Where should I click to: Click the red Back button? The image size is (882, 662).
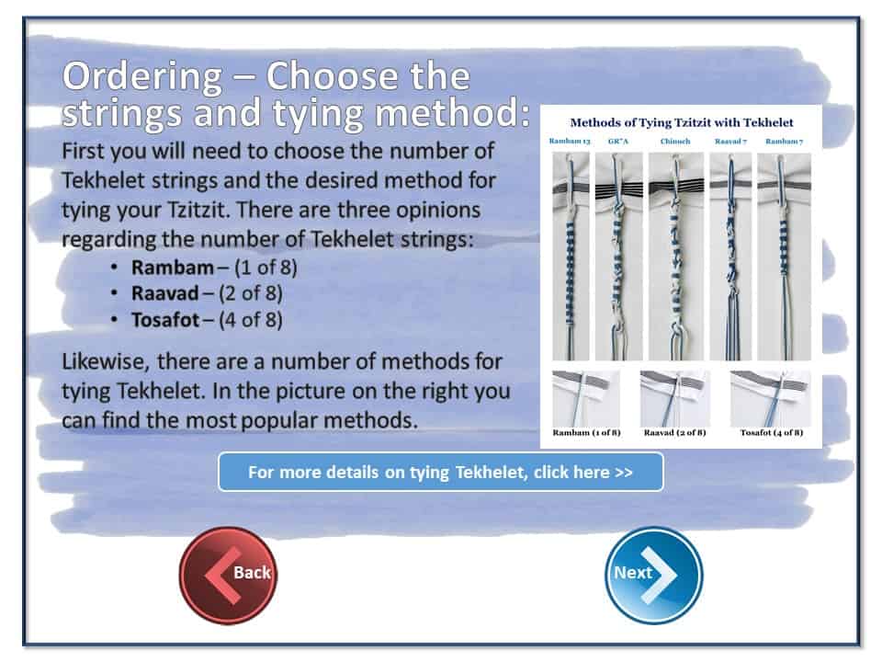click(229, 575)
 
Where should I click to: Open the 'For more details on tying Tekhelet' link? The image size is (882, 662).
click(440, 472)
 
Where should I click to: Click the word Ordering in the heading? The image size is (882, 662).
click(143, 76)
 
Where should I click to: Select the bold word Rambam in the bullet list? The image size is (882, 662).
click(172, 267)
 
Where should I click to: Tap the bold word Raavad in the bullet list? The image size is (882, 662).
click(164, 292)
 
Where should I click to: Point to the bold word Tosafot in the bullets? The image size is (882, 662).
click(165, 320)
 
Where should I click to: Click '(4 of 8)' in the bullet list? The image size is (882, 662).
click(251, 320)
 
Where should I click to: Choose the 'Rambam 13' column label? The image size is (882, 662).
click(570, 142)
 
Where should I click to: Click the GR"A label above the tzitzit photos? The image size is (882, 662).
click(617, 142)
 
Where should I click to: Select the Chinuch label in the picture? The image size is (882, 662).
click(675, 142)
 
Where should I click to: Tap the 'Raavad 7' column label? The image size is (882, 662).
click(730, 142)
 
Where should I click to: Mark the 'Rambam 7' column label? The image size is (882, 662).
click(784, 142)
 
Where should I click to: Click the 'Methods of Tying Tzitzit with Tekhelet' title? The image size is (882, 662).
click(682, 122)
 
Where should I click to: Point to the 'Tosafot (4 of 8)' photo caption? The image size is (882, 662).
click(771, 432)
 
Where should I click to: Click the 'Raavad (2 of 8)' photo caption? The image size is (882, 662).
click(674, 432)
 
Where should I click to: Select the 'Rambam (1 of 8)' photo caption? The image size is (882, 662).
click(586, 432)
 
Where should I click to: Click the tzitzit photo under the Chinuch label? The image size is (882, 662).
click(676, 257)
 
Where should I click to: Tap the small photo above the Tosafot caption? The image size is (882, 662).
click(770, 398)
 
